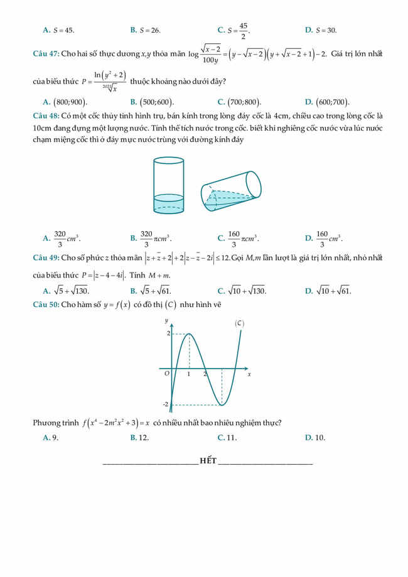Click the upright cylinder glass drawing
point(168,186)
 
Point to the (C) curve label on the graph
point(239,323)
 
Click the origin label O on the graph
point(166,374)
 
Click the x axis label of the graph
point(249,374)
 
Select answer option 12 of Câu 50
point(144,438)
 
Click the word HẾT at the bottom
point(208,461)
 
